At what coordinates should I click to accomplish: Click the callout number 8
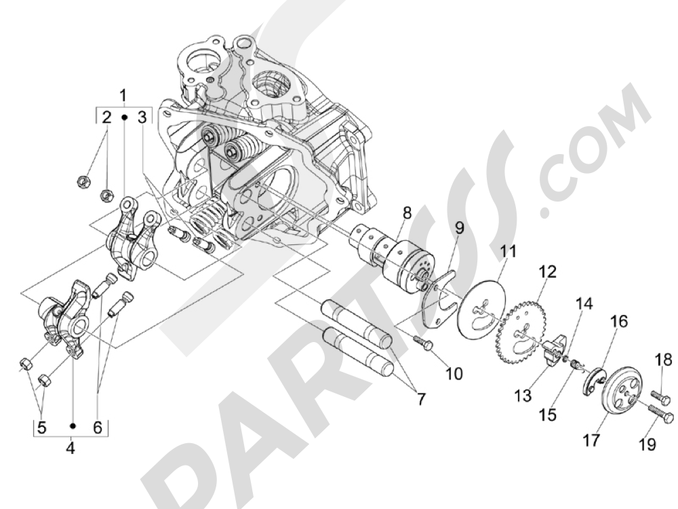tap(407, 212)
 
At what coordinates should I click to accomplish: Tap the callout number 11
tap(508, 253)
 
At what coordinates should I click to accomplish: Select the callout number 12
tap(547, 273)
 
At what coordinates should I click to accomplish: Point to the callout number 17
tap(591, 441)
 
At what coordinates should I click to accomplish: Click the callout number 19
tap(647, 445)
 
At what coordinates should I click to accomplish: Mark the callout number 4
tap(71, 448)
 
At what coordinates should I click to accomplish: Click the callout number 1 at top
tap(123, 94)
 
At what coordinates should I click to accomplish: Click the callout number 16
tap(620, 320)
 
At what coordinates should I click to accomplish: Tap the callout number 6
tap(96, 428)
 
